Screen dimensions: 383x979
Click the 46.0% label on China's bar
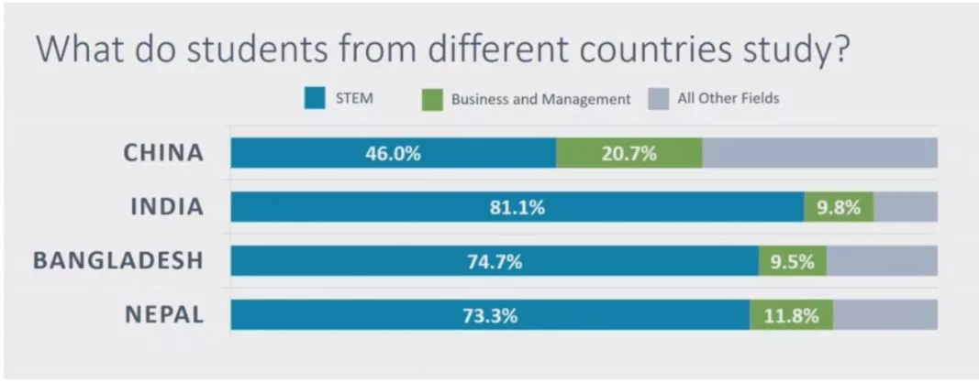click(393, 153)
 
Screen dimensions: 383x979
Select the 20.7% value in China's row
click(629, 153)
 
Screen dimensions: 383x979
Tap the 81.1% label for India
click(517, 207)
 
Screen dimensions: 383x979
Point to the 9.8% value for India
click(839, 207)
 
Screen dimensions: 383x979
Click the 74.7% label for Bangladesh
click(495, 261)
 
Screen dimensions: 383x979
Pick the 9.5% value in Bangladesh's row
click(793, 261)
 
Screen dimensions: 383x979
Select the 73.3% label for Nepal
click(490, 315)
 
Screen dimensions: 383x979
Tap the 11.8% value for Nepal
click(792, 315)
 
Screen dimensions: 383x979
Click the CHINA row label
click(163, 153)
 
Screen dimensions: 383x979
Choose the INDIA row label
click(166, 207)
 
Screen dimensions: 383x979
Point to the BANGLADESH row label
click(117, 261)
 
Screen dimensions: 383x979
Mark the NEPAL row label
click(164, 315)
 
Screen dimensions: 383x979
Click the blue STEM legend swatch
click(316, 98)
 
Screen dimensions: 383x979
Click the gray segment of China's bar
click(819, 153)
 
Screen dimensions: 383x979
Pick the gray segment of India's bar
click(905, 207)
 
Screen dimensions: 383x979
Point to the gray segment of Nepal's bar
click(884, 315)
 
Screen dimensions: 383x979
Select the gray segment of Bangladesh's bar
click(882, 261)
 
